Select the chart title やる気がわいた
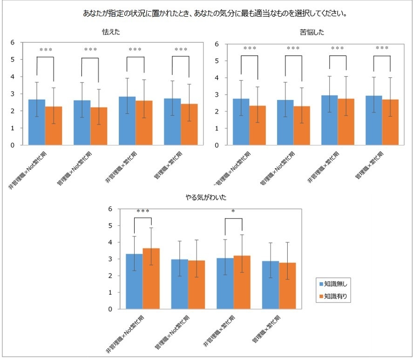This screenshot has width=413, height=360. pos(206,198)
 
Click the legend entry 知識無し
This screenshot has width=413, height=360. pos(335,284)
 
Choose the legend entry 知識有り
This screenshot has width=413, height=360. pos(335,296)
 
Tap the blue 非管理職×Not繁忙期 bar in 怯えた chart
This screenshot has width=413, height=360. pos(37,122)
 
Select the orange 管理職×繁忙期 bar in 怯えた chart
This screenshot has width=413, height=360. pos(189,124)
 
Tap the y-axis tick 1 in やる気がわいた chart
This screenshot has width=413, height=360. pos(110,292)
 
